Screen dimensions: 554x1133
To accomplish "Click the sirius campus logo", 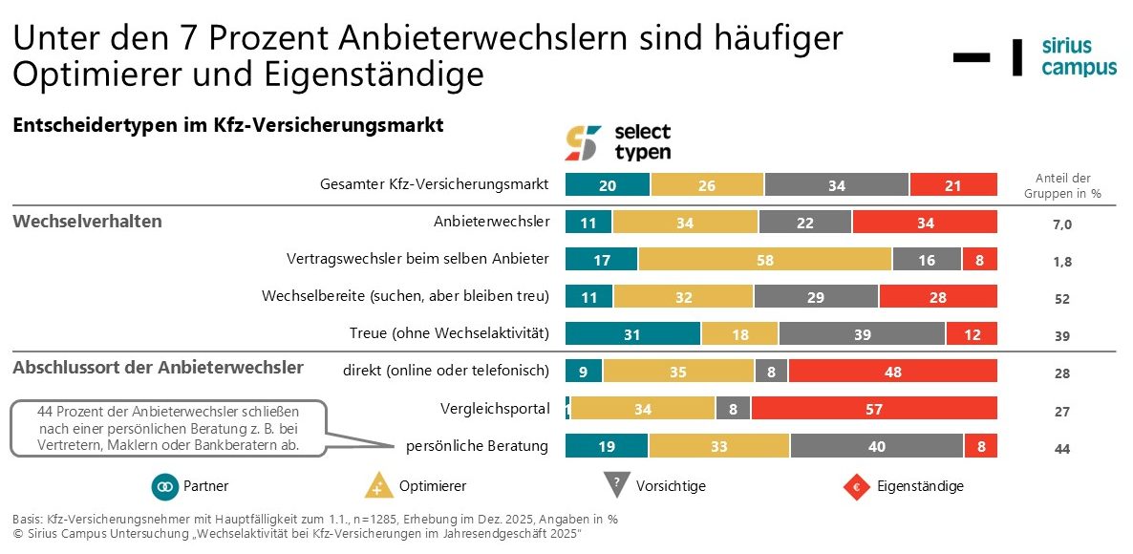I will click(x=1078, y=57).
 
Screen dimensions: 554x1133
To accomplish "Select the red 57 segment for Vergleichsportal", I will click(x=874, y=409).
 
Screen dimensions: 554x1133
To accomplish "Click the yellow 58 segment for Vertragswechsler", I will click(x=764, y=259).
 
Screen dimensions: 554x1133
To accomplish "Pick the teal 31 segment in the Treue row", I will click(x=632, y=333).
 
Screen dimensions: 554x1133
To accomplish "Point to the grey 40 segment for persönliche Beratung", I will click(x=876, y=446).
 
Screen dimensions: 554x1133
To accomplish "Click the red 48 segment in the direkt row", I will click(x=892, y=372).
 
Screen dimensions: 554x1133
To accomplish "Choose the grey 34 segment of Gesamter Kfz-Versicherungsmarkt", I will click(x=836, y=185).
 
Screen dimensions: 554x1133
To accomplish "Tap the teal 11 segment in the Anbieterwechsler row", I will click(x=588, y=223).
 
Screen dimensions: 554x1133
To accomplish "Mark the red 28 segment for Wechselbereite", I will click(x=938, y=297).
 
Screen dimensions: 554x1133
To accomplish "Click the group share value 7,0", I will click(x=1062, y=224).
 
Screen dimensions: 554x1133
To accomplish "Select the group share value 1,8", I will click(x=1062, y=262).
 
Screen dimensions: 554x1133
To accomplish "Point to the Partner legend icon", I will click(x=165, y=486).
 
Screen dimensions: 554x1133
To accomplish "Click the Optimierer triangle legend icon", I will click(x=379, y=486).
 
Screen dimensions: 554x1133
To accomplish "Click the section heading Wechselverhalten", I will click(x=87, y=222).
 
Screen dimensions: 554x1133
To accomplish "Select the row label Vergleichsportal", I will click(x=496, y=409).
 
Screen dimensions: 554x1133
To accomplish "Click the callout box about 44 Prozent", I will click(x=168, y=428).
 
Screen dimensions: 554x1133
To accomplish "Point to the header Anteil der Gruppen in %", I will click(x=1063, y=185).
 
